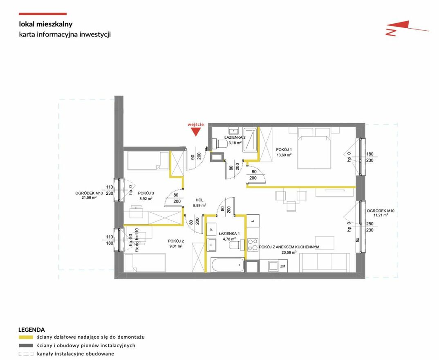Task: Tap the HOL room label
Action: tap(199, 200)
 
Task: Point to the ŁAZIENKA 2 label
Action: tap(235, 137)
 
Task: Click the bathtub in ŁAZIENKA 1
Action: tap(228, 265)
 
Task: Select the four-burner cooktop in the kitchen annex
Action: tap(253, 244)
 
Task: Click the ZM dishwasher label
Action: tap(283, 266)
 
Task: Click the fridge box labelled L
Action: tap(253, 221)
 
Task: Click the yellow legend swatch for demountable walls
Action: tap(26, 337)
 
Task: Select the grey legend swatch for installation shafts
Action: tap(26, 345)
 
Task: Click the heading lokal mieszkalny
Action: tap(46, 24)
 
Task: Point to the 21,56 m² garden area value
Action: tap(89, 198)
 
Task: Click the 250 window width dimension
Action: tap(370, 224)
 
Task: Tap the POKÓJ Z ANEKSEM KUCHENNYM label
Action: tap(289, 247)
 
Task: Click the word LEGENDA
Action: tap(31, 330)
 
